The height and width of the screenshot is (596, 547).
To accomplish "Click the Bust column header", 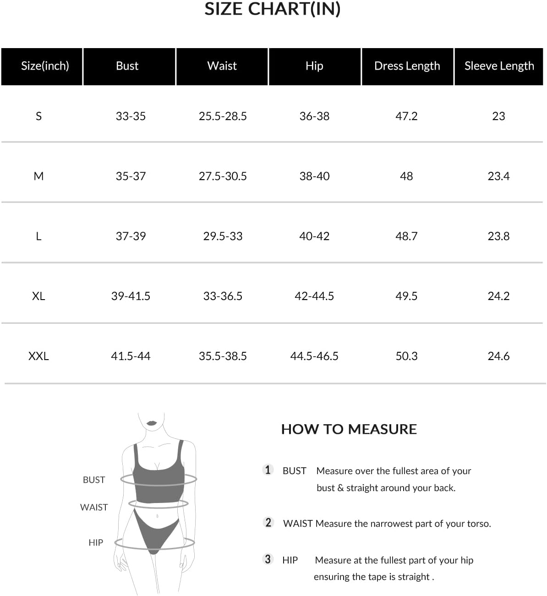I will [x=127, y=66].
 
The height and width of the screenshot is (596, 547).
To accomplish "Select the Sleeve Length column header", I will [x=499, y=66].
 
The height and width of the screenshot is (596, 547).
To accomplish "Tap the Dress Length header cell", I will [x=407, y=66].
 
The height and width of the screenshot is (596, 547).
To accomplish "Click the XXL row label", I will [x=38, y=356].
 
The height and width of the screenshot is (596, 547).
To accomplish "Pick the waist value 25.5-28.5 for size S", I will [x=223, y=116].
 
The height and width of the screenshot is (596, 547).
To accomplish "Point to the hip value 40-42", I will [x=314, y=236].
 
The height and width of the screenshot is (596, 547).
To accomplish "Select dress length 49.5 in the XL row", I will [x=406, y=296].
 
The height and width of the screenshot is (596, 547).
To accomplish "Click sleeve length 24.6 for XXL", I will [x=498, y=356].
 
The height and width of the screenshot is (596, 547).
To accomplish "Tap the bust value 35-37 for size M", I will [x=131, y=176].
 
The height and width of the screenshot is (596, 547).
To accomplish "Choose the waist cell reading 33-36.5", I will [x=223, y=296].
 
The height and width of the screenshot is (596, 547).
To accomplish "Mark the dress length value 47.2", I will [x=406, y=116].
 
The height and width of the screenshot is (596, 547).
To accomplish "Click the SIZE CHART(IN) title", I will [x=272, y=9].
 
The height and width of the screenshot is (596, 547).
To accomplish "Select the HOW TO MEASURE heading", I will [x=349, y=429].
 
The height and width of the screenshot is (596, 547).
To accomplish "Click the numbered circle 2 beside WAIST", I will [x=268, y=523].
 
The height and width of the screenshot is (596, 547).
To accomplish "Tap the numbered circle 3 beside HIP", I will [x=268, y=559].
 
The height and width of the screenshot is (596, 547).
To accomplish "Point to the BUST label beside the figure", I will [x=94, y=480].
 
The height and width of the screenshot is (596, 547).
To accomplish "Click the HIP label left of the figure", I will [x=96, y=543].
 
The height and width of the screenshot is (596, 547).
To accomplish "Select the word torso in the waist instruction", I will [x=478, y=524].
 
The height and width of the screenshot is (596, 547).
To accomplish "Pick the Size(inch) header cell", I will [x=45, y=66].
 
